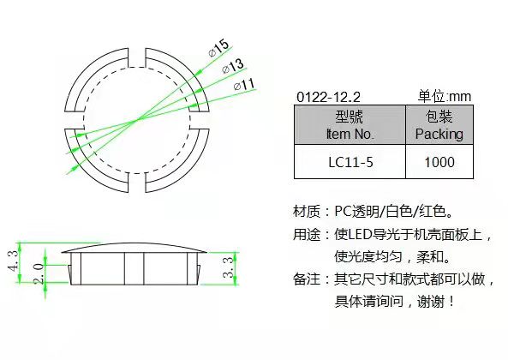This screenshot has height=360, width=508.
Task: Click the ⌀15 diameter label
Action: click(x=219, y=48)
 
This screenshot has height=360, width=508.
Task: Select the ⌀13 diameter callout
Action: click(x=233, y=66)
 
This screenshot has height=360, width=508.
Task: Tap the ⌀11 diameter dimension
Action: click(x=244, y=85)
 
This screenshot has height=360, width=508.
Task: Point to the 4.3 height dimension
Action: click(x=13, y=261)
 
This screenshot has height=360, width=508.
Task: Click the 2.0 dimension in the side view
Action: click(x=39, y=273)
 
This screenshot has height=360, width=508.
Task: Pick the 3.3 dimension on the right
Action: click(x=228, y=267)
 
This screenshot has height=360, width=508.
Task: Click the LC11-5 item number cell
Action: click(x=350, y=162)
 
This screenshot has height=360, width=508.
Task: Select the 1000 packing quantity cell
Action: click(x=439, y=162)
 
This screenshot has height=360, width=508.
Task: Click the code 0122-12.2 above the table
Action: click(x=328, y=97)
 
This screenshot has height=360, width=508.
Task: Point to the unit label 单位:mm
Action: click(x=444, y=96)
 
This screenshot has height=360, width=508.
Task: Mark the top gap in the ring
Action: click(x=137, y=57)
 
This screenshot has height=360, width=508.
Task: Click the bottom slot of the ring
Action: click(x=137, y=183)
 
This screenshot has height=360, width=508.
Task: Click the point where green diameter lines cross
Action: click(x=137, y=121)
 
